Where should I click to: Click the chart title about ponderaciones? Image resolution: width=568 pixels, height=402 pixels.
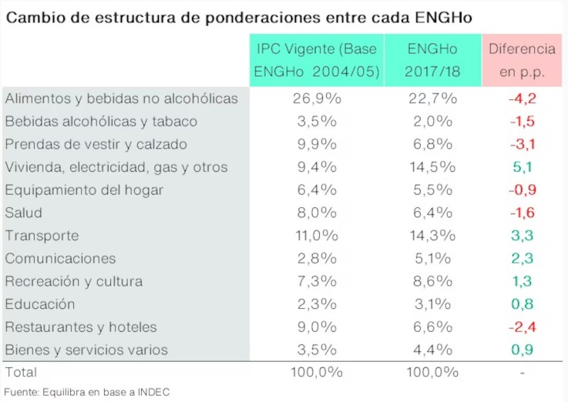pos(238,16)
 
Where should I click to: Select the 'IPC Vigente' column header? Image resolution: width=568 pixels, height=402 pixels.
pos(317,60)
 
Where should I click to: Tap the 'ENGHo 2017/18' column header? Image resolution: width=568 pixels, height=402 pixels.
pos(432,60)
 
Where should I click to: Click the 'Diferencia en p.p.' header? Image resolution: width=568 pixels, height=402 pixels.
pos(522,60)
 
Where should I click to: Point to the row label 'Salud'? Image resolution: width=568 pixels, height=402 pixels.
pos(23,213)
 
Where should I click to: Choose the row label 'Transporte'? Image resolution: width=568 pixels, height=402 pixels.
pos(42,236)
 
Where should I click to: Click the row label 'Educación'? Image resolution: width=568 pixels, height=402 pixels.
pos(40,304)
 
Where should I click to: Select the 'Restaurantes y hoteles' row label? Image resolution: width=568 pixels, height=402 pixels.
pos(81,327)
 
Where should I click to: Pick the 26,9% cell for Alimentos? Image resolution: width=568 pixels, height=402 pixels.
pos(317,99)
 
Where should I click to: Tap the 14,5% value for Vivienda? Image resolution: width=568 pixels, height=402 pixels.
pos(432,167)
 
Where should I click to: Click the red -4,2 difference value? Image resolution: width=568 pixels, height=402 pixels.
pos(522,99)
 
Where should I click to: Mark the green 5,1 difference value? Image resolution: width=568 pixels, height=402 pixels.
pos(522,167)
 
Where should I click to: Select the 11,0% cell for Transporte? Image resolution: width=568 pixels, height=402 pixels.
pos(317,236)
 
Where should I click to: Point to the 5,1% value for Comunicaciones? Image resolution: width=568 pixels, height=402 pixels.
pos(432,259)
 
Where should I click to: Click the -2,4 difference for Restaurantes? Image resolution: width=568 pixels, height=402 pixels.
pos(522,327)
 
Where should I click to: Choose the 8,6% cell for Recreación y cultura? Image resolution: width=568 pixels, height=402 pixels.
pos(432,281)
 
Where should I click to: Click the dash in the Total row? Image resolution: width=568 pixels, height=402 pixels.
pos(522,371)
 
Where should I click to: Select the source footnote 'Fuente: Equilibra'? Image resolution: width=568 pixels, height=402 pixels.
pos(86,392)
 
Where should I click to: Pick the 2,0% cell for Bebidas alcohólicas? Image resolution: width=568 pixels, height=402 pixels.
pos(432,122)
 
